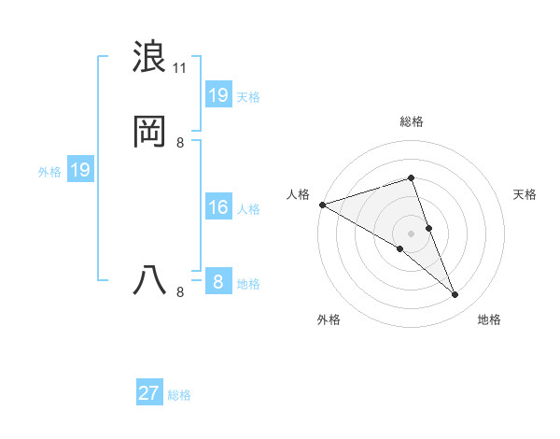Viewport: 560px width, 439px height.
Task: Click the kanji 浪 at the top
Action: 150,57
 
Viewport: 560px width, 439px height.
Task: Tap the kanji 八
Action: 150,280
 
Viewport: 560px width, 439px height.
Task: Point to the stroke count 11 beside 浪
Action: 179,67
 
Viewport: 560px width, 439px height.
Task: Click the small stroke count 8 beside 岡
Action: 179,142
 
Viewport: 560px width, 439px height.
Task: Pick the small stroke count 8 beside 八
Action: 179,291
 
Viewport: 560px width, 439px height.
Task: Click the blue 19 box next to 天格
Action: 218,95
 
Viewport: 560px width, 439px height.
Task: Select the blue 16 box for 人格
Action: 218,207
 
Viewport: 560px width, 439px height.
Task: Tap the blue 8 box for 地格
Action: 218,282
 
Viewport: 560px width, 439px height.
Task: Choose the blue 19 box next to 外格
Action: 80,170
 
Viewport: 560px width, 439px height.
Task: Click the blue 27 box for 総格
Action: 149,393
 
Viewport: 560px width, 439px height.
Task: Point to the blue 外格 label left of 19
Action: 49,172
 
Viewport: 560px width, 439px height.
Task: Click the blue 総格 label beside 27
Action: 179,395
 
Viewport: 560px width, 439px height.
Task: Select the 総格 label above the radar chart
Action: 412,121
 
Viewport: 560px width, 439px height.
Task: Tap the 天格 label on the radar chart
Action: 525,194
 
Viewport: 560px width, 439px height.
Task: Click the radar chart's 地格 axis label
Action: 489,319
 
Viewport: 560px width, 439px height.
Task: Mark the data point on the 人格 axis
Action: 322,205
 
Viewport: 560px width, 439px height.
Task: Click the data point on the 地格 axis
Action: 455,294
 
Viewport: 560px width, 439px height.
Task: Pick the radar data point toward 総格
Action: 412,177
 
